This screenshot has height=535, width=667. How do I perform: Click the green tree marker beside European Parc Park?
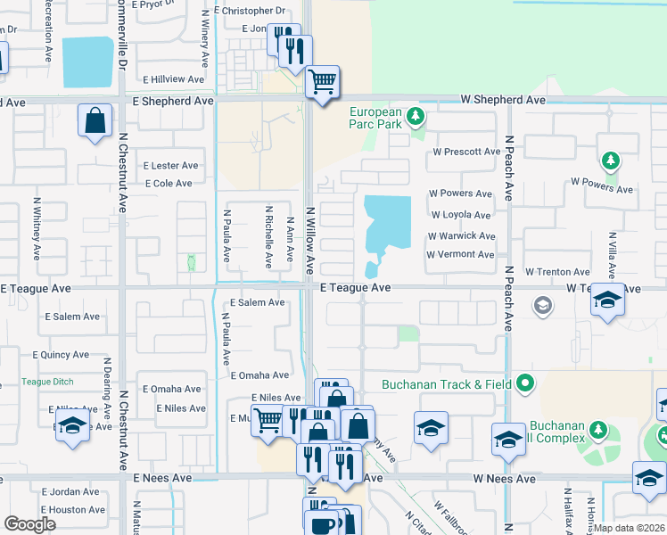[415, 115]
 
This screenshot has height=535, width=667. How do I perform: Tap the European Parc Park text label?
[375, 119]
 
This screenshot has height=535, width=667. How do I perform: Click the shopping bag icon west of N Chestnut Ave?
[95, 119]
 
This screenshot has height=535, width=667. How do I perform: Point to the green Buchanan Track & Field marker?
[526, 384]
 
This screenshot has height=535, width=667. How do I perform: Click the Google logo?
[29, 524]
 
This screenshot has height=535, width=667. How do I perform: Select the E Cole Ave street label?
[169, 184]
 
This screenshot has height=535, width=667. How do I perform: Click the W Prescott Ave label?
[466, 152]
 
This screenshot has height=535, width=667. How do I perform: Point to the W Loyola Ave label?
[461, 215]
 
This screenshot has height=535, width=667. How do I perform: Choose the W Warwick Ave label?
[460, 236]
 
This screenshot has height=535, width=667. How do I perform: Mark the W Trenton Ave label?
[557, 272]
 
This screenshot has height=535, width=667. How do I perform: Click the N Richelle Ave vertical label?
[268, 238]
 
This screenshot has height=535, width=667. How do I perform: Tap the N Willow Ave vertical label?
[311, 240]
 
